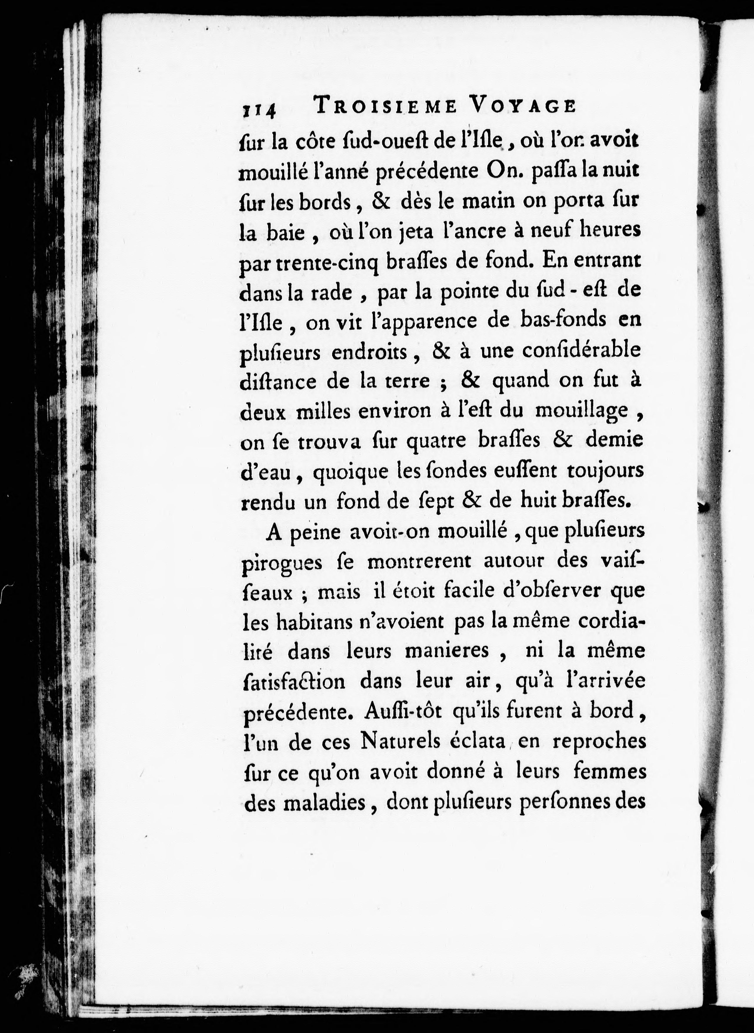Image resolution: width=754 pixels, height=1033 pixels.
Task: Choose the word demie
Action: [614, 440]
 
